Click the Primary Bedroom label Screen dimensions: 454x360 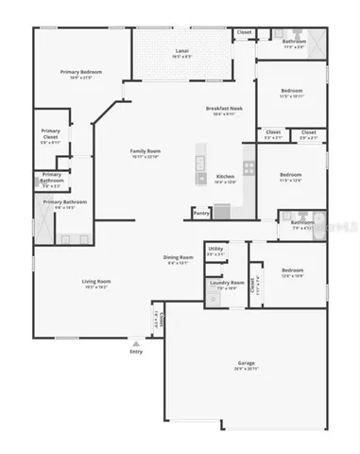coord(81,72)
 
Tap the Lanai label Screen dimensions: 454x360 coord(182,49)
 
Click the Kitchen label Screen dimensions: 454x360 coord(225,177)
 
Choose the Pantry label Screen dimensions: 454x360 coord(201,213)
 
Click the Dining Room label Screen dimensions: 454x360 coord(180,257)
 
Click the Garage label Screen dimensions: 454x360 coord(247,364)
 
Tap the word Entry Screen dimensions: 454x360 coord(136,353)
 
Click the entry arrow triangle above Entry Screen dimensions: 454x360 coord(136,344)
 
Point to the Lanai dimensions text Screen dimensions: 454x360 coord(182,56)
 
